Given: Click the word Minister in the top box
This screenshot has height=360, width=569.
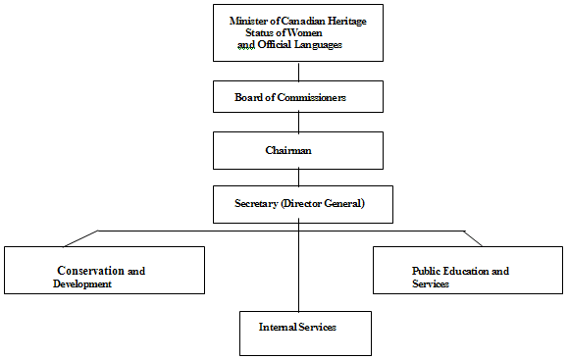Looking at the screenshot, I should [x=249, y=20].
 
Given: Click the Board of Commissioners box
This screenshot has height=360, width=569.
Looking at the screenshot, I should [x=297, y=97].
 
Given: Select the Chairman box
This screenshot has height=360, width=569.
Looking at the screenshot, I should [x=297, y=150].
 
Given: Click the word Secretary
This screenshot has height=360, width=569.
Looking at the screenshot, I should [x=257, y=203].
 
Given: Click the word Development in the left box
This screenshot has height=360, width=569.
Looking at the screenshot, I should [x=82, y=283].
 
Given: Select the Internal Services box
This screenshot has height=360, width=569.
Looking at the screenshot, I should [x=305, y=333].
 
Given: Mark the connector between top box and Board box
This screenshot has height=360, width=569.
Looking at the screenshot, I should [x=298, y=72].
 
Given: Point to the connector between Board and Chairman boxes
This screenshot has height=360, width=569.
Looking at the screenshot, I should [x=298, y=123].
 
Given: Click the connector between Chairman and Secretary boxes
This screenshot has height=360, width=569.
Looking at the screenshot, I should [x=298, y=177].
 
